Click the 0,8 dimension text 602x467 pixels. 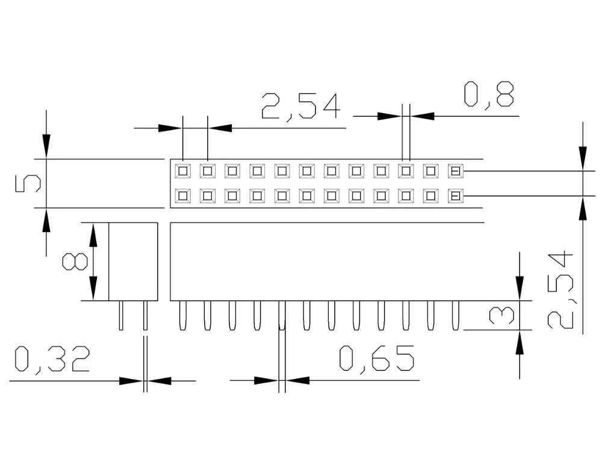tap(488, 95)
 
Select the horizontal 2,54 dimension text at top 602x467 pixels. tap(300, 107)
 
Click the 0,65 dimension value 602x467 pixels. tap(376, 359)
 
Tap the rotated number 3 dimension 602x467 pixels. tap(501, 315)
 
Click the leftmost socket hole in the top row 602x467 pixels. tap(182, 171)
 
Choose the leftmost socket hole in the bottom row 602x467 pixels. tap(182, 196)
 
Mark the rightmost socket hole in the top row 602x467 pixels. tap(455, 171)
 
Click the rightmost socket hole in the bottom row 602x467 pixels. tap(455, 196)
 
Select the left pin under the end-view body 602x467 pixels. tap(121, 315)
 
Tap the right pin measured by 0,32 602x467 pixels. tap(145, 315)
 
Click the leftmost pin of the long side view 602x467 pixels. tap(182, 315)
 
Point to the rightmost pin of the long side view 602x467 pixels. tap(455, 315)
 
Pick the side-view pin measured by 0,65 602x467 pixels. tap(282, 315)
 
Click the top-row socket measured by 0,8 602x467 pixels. tap(406, 171)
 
